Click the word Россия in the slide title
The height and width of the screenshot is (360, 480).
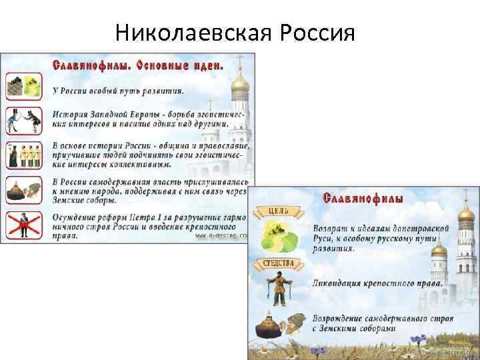(x=311, y=31)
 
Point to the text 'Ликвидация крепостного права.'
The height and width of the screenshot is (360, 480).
(x=377, y=283)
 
